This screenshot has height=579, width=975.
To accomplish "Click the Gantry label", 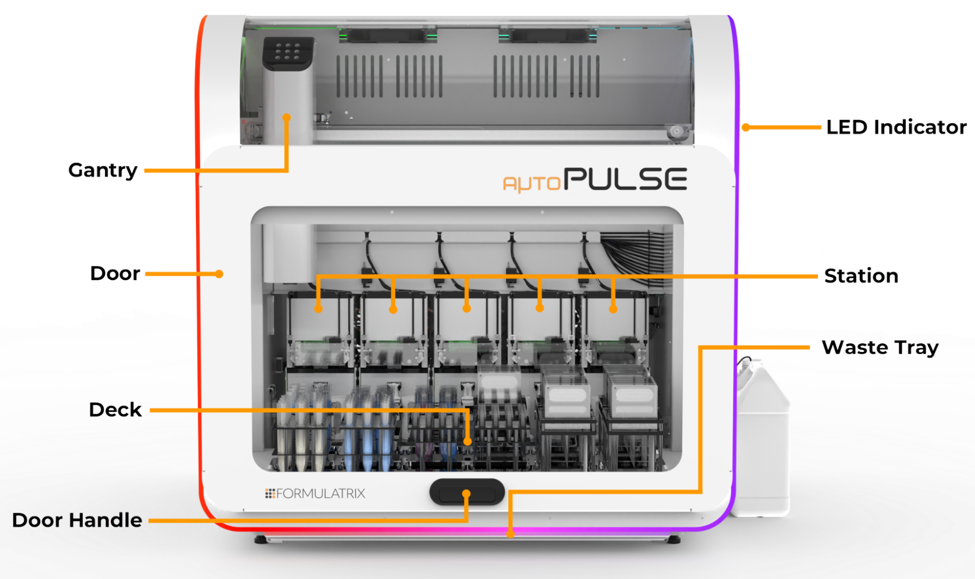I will [x=102, y=170].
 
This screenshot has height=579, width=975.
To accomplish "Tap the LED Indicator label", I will [x=896, y=127].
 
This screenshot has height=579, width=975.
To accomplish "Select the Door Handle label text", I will [x=77, y=520].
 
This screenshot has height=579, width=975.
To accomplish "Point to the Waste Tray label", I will [x=880, y=347].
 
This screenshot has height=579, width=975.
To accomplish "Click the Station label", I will [x=861, y=276].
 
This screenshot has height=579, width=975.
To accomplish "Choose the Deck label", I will [x=115, y=410].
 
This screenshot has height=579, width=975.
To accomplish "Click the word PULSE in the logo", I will [x=625, y=179].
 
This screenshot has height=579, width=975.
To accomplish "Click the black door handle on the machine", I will [x=467, y=492].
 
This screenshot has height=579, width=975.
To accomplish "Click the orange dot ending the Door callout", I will [x=219, y=274].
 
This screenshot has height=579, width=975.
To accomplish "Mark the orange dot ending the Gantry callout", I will [x=287, y=118].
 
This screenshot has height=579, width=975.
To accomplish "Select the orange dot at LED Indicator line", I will [x=746, y=127].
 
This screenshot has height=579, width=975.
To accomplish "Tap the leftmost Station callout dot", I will [x=318, y=309].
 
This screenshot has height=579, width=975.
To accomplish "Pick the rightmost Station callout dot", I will [x=613, y=309].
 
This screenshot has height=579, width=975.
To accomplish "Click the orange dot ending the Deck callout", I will [x=467, y=441].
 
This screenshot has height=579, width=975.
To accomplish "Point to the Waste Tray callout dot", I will [x=510, y=533].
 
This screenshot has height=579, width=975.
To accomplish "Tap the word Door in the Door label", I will [x=115, y=273].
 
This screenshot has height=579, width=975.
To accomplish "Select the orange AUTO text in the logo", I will [x=532, y=183].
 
